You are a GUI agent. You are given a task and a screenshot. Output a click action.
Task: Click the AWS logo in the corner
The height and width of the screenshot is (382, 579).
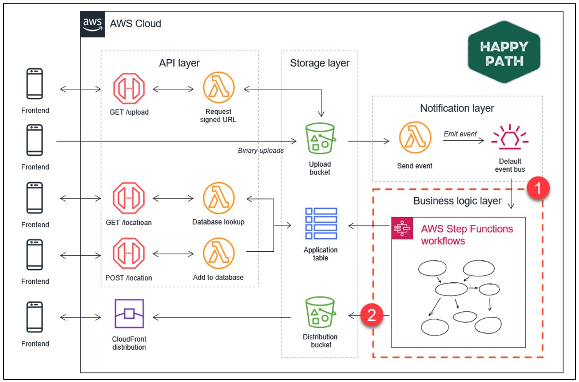(x=91, y=23)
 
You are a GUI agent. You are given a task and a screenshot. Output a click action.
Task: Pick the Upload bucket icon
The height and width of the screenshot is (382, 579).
(x=320, y=139)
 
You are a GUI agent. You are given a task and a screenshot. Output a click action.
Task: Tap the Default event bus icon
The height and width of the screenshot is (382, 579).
(x=509, y=139)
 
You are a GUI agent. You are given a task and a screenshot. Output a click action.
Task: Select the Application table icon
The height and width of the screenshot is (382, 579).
(x=321, y=223)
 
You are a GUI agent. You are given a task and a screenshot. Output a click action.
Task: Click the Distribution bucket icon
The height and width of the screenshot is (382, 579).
(x=320, y=314)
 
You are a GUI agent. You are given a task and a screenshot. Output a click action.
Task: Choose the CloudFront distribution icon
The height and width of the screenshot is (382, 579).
(x=129, y=314)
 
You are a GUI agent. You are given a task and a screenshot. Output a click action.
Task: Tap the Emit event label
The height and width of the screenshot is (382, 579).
(x=460, y=134)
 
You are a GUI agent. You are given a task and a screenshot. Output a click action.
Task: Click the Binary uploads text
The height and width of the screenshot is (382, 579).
(x=261, y=150)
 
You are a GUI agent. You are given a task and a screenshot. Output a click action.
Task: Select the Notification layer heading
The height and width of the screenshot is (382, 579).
(x=457, y=108)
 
